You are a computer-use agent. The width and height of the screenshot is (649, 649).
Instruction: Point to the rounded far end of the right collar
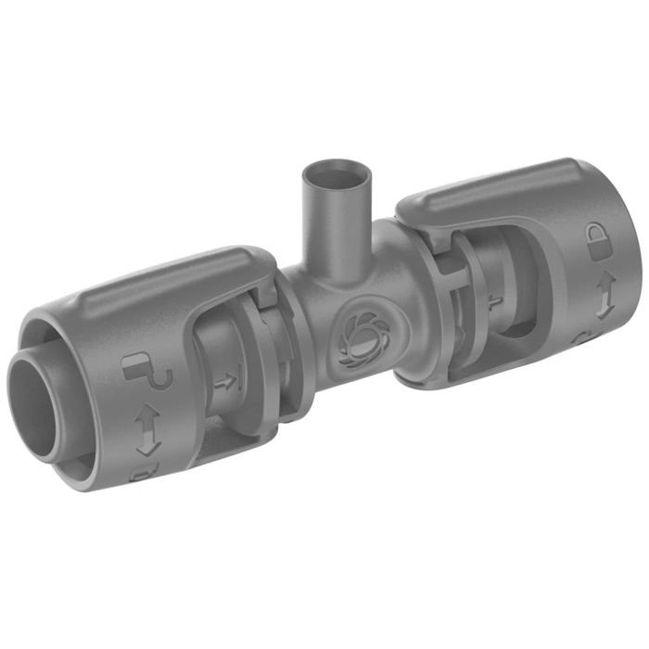pos(612,269)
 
